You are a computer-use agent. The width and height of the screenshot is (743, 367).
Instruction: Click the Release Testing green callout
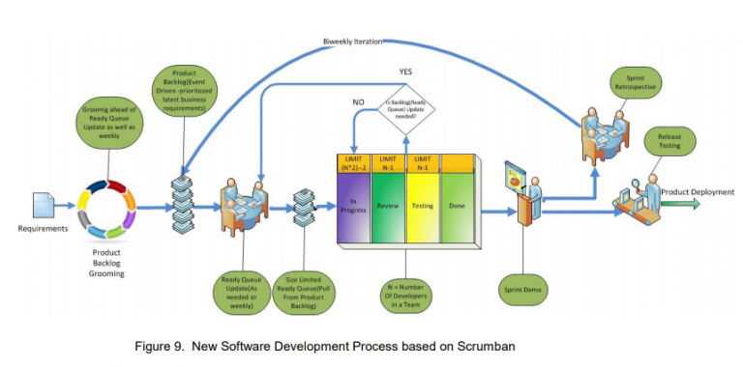coord(670,143)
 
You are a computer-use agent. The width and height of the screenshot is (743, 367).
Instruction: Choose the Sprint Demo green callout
coord(524,289)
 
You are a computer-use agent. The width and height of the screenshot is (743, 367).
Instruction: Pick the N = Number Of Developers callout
coord(405,296)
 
